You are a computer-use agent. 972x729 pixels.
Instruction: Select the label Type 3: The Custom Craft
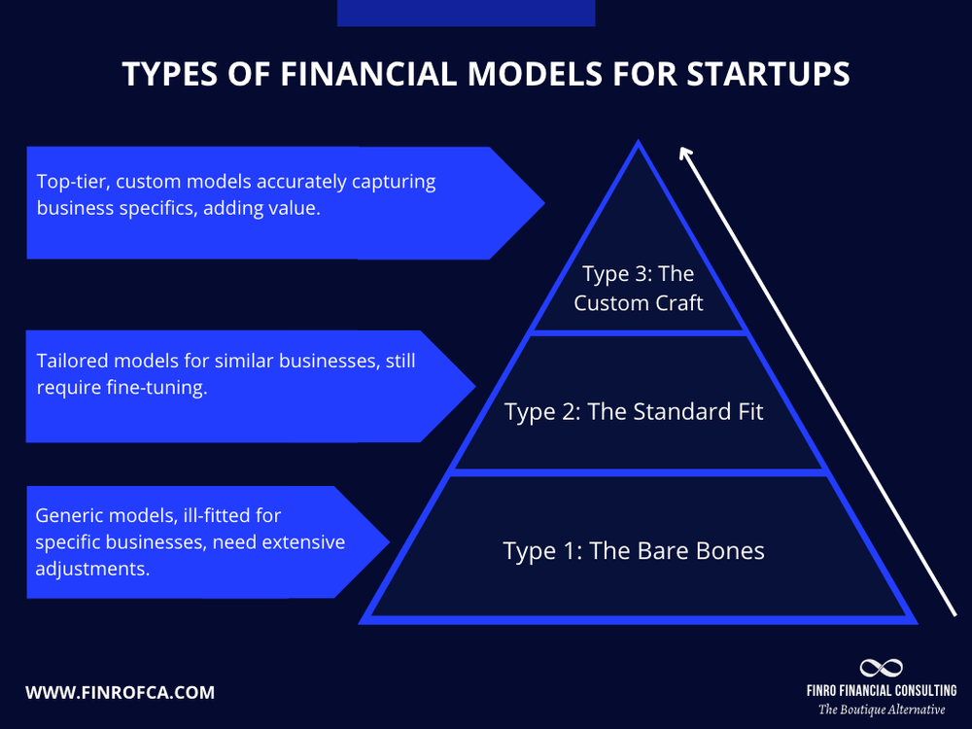tap(639, 289)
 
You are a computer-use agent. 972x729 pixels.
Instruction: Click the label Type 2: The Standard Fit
tap(634, 411)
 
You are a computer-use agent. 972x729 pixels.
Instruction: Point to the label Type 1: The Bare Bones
tap(634, 551)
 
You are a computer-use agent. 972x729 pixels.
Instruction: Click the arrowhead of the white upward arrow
tap(685, 154)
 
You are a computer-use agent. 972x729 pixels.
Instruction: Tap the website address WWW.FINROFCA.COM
tap(121, 693)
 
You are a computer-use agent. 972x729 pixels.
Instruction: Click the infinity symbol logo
tap(882, 668)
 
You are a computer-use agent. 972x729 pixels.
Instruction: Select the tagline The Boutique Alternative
tap(882, 710)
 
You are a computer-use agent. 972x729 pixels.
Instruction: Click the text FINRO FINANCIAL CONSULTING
tap(882, 690)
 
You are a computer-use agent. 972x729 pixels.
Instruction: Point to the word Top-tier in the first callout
tap(70, 182)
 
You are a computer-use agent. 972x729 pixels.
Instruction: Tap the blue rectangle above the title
tap(466, 13)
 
